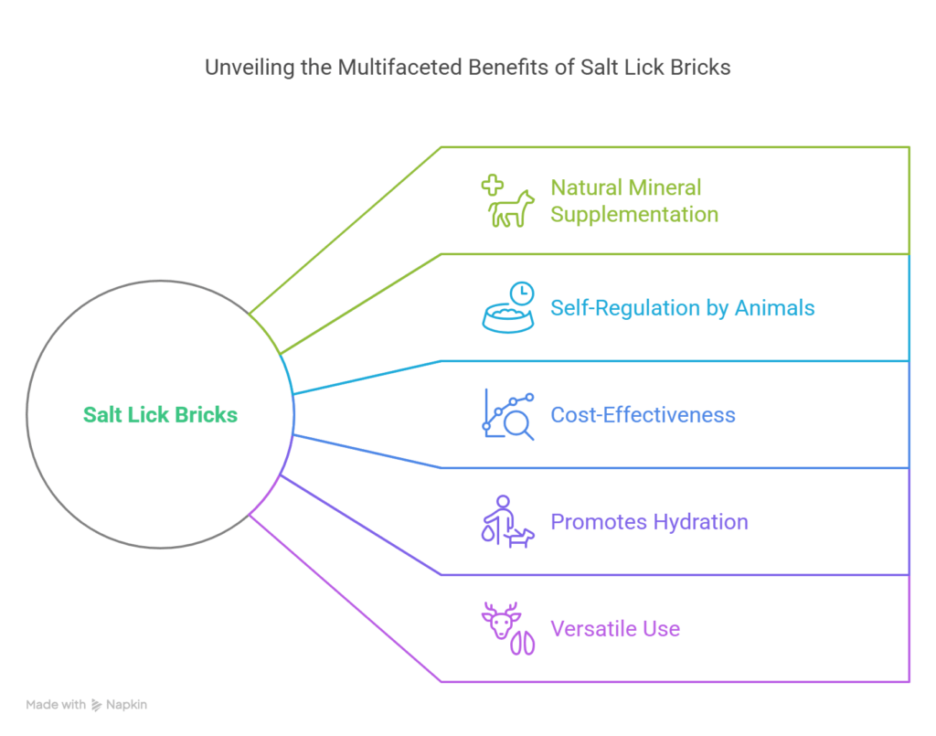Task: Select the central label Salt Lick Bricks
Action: (x=160, y=414)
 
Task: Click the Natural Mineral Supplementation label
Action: (x=634, y=200)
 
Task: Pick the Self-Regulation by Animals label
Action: (x=682, y=308)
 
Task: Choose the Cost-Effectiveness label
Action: (x=643, y=415)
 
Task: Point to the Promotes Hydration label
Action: (x=649, y=522)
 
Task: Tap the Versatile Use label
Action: (x=615, y=628)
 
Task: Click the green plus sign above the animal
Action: (x=493, y=185)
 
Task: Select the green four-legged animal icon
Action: (x=510, y=209)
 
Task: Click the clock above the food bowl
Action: (x=522, y=293)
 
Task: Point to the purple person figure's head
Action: (x=504, y=501)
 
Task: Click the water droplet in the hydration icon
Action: (x=488, y=533)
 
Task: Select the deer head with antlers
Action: (x=501, y=621)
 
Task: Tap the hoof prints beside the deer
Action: (x=522, y=643)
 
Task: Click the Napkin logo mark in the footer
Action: (x=96, y=705)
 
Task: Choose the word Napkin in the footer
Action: (x=126, y=705)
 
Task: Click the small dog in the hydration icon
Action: (x=519, y=538)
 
